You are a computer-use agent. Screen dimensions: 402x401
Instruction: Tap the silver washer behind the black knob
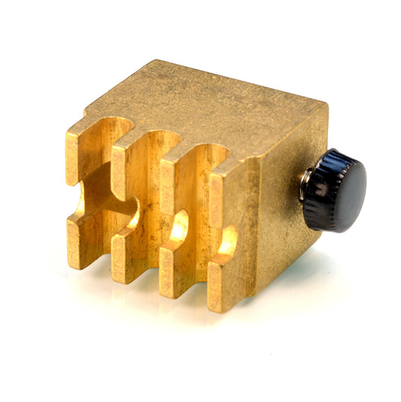coord(303,187)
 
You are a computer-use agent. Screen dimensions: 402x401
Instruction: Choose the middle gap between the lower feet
coord(150,256)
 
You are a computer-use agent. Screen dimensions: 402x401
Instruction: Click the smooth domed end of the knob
coord(348,190)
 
